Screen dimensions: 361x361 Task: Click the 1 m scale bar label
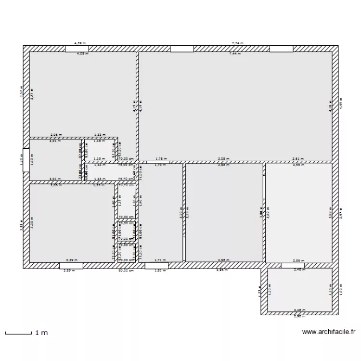point(40,333)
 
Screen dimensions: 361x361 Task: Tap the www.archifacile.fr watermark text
point(328,332)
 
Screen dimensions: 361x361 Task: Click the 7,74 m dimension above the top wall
point(237,43)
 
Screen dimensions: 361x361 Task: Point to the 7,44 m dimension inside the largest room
point(234,53)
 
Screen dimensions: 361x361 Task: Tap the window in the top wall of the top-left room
point(77,49)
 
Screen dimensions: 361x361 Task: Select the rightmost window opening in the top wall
point(281,49)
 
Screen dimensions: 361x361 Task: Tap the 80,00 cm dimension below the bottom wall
point(126,271)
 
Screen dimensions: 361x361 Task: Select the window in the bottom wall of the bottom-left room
point(71,265)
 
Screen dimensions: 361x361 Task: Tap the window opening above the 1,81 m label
point(156,265)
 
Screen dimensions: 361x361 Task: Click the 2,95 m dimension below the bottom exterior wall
point(221,271)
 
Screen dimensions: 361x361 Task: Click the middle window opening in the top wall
point(182,49)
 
